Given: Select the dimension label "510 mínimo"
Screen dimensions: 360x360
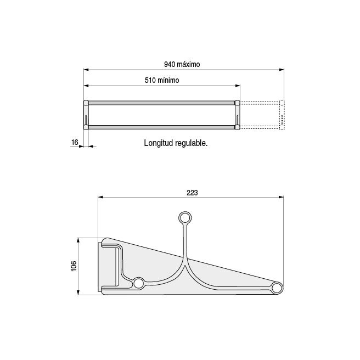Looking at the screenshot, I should [162, 80].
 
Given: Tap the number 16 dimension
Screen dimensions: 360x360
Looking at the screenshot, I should [75, 143].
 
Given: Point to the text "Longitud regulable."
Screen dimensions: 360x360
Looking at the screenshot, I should [176, 143].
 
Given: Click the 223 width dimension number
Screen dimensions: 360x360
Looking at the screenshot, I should [192, 193].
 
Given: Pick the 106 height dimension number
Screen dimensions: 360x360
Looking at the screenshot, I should [74, 266].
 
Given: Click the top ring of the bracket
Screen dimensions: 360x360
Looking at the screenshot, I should [185, 218].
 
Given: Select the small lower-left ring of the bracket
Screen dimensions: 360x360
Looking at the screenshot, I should [139, 283].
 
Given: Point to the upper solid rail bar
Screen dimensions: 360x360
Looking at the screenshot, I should [162, 103].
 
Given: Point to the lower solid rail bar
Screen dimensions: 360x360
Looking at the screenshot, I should [162, 127].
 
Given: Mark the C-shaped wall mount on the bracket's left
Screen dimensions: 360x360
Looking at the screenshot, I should [111, 266].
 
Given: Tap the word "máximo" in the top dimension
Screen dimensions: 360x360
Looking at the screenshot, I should [188, 64].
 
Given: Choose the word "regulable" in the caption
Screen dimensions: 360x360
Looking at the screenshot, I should [189, 143].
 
